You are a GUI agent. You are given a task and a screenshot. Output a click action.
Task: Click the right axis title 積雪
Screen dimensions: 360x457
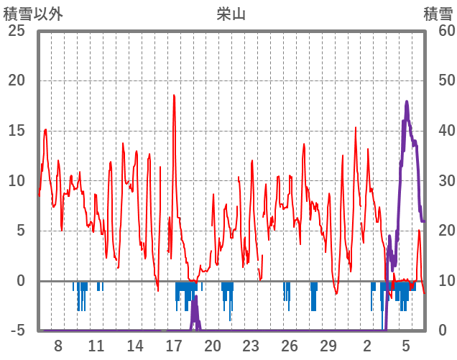click(x=438, y=14)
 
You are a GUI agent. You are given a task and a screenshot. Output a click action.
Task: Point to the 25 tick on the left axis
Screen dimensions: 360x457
click(x=16, y=31)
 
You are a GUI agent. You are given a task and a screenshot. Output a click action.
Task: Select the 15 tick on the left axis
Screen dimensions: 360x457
click(x=16, y=131)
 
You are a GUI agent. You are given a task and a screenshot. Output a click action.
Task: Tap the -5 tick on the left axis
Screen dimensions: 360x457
click(x=16, y=331)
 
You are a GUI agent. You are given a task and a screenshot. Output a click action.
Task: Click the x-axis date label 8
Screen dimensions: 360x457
click(x=57, y=346)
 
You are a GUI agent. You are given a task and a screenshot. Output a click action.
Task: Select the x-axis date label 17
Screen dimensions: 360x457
click(x=174, y=346)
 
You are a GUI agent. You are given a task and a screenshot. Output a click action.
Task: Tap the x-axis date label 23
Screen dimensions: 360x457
click(x=251, y=346)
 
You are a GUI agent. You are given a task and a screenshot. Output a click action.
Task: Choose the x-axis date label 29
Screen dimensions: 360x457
click(x=328, y=346)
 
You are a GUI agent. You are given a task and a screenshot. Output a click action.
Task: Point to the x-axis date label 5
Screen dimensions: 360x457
click(x=406, y=346)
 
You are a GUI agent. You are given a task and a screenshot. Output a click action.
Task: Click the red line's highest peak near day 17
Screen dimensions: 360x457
click(x=174, y=95)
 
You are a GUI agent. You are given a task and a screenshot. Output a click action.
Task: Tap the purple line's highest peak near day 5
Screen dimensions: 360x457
click(x=407, y=101)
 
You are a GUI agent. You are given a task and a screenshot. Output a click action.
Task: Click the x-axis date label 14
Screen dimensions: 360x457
click(x=135, y=346)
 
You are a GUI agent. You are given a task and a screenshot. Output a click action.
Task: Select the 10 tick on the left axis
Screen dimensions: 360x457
click(x=16, y=180)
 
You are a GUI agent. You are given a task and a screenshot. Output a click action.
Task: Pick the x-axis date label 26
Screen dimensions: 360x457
click(x=290, y=346)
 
